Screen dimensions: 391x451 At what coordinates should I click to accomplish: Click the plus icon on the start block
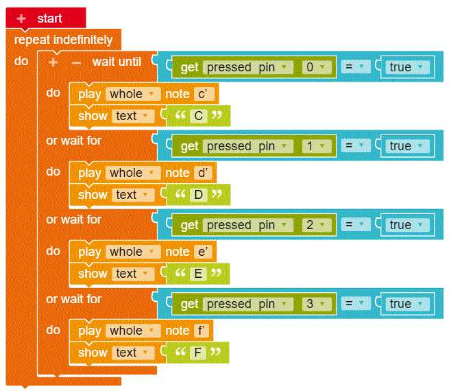pos(21,18)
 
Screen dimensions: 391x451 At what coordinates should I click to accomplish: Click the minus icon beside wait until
pos(76,62)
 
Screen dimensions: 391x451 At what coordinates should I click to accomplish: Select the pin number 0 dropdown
pos(316,67)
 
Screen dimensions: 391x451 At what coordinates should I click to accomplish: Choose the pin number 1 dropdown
pos(316,146)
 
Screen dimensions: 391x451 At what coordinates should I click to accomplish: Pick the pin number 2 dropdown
pos(316,225)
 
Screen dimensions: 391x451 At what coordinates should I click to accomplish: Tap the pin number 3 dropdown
pos(316,304)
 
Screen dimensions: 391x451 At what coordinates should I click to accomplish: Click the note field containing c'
pos(202,94)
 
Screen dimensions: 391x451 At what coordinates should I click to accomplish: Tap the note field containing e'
pos(202,252)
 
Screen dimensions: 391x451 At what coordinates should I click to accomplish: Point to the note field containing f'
pos(202,331)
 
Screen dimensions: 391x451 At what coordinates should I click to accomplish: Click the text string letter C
pos(199,116)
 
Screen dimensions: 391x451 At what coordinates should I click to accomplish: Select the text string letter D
pos(199,195)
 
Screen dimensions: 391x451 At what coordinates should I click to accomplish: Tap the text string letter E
pos(199,274)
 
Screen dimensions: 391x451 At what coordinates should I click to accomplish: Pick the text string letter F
pos(199,353)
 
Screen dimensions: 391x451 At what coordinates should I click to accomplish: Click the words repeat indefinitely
pos(63,40)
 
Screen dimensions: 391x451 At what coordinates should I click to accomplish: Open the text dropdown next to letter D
pos(133,195)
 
